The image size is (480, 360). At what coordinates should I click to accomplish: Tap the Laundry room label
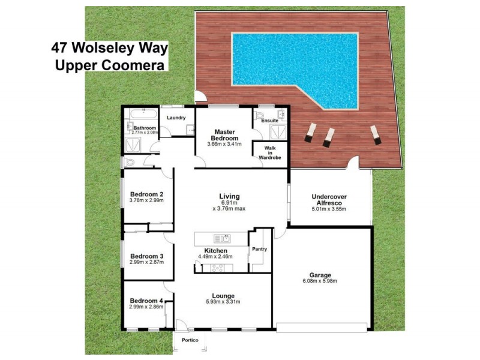[176, 118]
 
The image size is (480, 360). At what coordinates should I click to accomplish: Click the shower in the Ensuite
[278, 132]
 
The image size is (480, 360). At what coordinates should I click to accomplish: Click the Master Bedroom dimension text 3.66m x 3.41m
[224, 144]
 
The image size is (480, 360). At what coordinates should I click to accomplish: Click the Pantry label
[260, 248]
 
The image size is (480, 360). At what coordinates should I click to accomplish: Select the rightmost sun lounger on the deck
[374, 134]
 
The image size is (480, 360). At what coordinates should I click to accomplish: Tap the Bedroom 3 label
[146, 255]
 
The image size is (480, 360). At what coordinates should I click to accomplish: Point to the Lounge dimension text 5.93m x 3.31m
[223, 302]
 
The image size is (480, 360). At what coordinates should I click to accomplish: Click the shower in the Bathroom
[131, 144]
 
